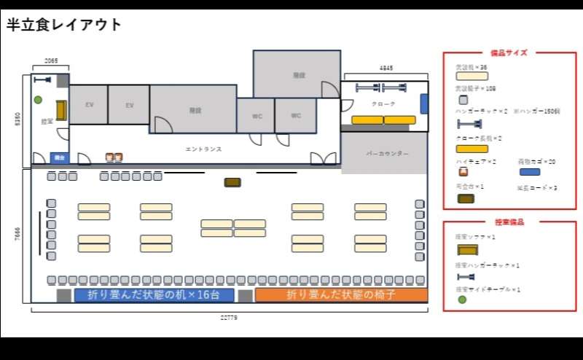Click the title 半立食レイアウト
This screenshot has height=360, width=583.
(64, 25)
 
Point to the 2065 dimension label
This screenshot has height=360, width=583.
(51, 61)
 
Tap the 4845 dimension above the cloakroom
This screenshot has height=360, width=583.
(386, 68)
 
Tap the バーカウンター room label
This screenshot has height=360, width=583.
(387, 154)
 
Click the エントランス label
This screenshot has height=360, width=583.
(203, 149)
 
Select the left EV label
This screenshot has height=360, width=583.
(89, 105)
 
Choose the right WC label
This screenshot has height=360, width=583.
(296, 116)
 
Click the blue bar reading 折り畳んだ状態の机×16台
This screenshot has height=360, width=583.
(154, 295)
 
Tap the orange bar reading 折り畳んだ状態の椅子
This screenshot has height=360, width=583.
(340, 295)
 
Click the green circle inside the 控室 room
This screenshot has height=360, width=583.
(38, 100)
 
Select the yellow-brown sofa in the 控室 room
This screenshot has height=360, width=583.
(61, 111)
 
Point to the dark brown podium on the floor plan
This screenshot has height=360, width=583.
(232, 182)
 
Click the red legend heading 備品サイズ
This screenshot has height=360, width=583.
(509, 52)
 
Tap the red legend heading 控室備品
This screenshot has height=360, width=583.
(509, 222)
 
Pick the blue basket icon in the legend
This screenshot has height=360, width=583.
(530, 172)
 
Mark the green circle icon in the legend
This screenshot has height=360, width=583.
(461, 300)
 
